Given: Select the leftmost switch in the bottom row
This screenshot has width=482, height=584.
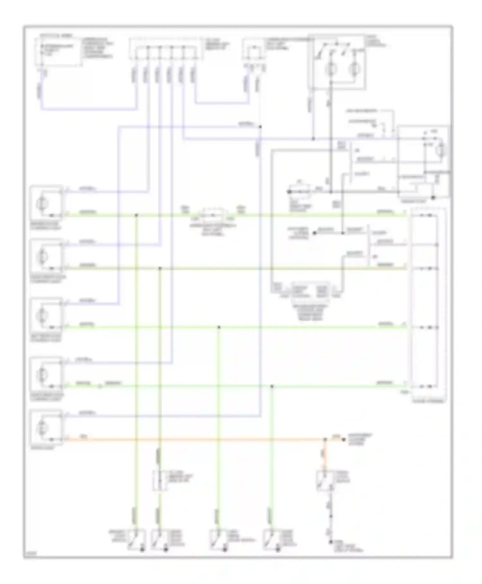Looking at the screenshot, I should point(137,539).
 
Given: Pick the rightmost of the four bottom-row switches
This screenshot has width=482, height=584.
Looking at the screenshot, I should point(272,539).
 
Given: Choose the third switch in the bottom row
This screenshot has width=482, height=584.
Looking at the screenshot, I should point(219,539).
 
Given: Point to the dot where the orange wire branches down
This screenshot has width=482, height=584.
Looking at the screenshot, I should point(325,439).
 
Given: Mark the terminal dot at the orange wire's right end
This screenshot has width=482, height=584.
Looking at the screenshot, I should point(343,439).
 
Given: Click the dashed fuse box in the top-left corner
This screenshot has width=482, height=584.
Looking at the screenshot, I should point(58,51).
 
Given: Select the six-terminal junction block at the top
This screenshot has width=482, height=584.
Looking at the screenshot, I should point(165,49).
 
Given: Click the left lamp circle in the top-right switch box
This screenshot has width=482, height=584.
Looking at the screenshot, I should point(331,69).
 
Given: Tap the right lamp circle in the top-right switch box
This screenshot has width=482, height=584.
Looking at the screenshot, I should point(355,69).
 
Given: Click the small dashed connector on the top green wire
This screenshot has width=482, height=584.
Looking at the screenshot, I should point(213,215).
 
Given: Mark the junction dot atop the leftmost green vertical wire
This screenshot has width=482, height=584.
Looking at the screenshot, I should point(136,215).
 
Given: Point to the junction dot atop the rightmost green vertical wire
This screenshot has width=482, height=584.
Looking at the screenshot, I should point(272,386).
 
